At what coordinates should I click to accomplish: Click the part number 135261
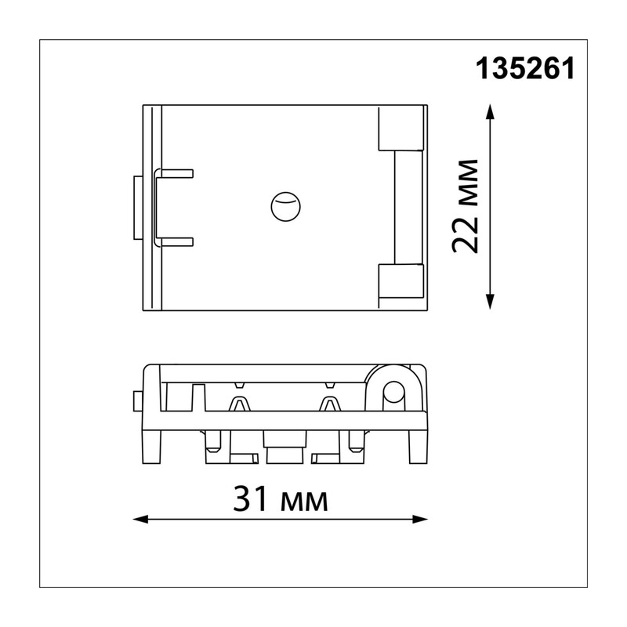(525, 68)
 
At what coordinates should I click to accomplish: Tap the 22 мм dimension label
(465, 206)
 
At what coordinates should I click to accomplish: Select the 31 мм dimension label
(281, 499)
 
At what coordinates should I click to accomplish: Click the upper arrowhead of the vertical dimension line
(490, 111)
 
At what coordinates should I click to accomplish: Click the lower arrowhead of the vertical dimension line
(490, 302)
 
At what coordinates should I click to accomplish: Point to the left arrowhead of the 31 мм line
(140, 520)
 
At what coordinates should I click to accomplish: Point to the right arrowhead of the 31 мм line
(420, 520)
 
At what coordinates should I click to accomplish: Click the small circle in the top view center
(285, 206)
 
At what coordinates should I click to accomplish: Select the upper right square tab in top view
(400, 128)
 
